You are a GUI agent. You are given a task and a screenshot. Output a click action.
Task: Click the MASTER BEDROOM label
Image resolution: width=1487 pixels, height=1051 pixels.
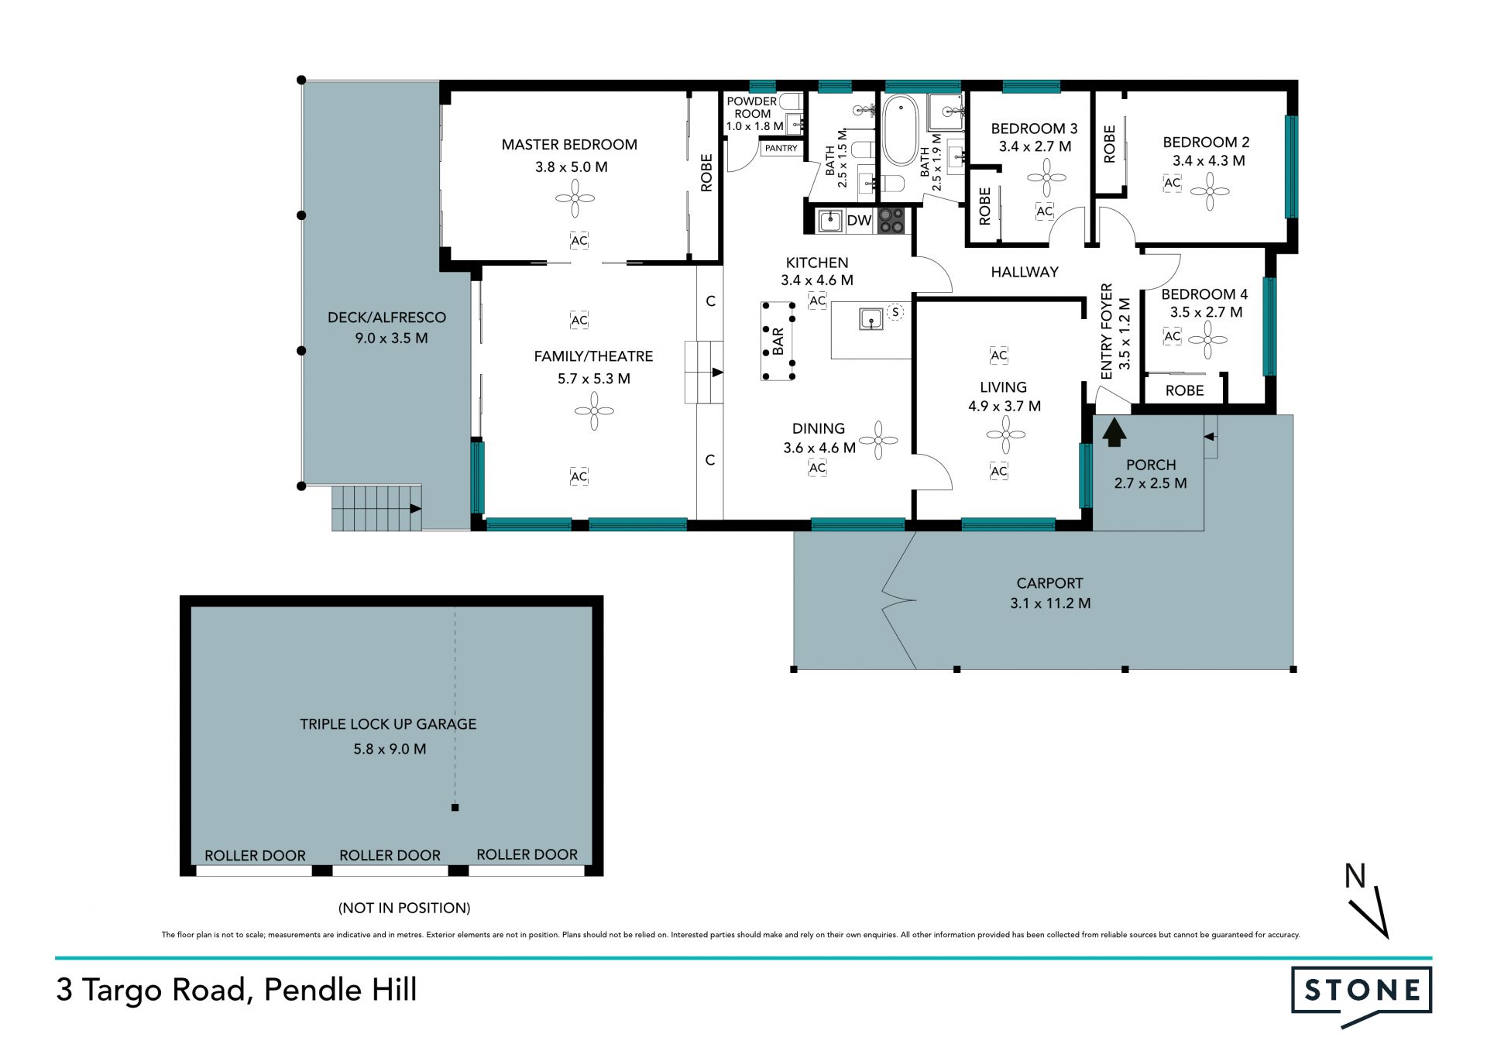[x=569, y=145]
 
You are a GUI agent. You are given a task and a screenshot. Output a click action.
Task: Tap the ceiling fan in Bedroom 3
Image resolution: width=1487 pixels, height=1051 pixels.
[x=1046, y=177]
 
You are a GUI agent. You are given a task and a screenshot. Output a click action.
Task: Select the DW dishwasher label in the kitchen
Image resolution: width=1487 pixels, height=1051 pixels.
[x=859, y=221]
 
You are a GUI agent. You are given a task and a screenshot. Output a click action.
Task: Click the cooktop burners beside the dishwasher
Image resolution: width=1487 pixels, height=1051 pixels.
[x=891, y=221]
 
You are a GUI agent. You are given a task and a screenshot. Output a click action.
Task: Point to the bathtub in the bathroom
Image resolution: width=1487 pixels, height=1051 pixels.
[x=901, y=130]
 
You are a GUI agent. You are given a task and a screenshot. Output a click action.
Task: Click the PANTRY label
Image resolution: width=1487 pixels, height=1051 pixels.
[x=781, y=148]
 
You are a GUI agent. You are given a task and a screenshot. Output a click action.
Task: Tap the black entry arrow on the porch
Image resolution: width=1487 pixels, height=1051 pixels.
[x=1114, y=432]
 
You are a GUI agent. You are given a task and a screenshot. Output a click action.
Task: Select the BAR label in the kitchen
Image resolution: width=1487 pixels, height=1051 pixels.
[x=778, y=342]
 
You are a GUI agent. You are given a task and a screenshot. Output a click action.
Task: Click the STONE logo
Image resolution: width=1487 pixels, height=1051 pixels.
[x=1362, y=994]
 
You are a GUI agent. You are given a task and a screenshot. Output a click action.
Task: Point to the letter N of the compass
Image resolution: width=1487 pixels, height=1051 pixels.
[x=1355, y=876]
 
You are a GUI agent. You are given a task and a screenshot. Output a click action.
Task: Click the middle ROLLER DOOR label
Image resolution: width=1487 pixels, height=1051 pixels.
[x=390, y=855]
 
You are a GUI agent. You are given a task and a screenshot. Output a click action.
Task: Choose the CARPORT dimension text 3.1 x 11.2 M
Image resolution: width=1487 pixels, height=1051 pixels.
[x=1050, y=603]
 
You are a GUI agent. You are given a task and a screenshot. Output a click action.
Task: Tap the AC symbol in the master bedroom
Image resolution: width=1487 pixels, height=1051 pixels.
[x=579, y=241]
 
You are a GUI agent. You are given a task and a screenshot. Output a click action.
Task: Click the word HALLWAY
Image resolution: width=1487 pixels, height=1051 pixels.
[x=1025, y=272]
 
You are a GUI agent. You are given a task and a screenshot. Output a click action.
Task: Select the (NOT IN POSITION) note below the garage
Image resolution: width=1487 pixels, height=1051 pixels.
[x=404, y=908]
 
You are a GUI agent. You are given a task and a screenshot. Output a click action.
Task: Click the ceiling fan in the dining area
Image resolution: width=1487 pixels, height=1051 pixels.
[x=878, y=440]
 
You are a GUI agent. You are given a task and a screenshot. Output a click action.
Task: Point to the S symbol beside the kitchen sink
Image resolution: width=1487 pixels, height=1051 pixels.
[x=895, y=312]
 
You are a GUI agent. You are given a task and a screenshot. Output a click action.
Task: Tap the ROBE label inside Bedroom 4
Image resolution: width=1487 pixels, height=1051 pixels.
[x=1185, y=391]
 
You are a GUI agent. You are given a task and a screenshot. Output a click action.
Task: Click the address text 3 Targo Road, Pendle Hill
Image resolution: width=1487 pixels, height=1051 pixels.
[x=236, y=990]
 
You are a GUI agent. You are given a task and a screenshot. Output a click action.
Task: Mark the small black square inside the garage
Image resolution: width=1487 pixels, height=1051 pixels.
[x=455, y=808]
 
